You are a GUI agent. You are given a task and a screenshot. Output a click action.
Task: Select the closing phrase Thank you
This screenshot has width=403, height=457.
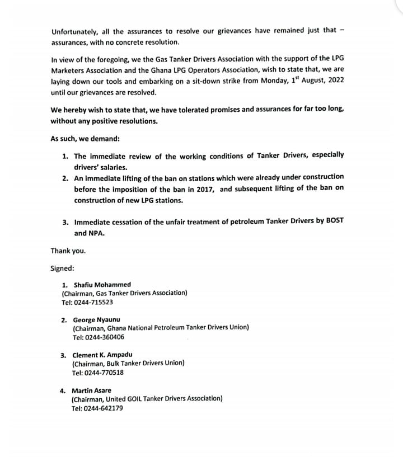[68, 251]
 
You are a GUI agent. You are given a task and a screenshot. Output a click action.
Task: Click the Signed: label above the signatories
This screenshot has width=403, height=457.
[62, 268]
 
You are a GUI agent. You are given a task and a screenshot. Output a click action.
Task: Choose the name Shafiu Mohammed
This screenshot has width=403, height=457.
[102, 285]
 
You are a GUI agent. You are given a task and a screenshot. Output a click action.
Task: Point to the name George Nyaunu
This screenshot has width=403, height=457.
[96, 320]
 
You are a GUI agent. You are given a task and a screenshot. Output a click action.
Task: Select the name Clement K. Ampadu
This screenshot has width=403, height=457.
[102, 355]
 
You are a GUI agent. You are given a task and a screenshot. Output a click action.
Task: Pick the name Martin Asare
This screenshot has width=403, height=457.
[91, 390]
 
